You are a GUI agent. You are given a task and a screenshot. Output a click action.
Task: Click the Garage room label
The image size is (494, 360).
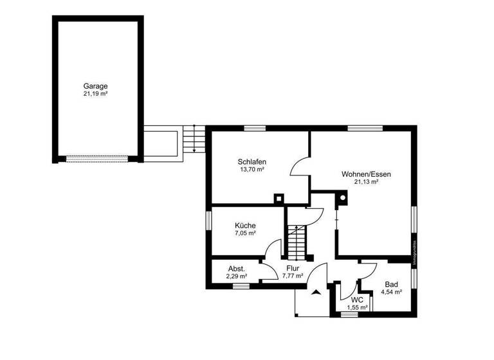[x=95, y=85]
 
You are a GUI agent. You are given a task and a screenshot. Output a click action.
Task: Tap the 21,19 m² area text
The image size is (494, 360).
[x=95, y=94]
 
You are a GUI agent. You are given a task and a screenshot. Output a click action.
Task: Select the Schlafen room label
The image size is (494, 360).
[x=252, y=161]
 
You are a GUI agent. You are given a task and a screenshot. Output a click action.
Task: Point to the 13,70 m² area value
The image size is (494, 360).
[x=252, y=170]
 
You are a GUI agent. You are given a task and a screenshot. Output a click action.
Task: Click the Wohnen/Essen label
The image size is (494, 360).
[x=366, y=174]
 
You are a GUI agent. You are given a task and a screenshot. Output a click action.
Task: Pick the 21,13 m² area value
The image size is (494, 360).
[x=366, y=182]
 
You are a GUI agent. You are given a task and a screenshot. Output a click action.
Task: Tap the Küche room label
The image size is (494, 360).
[x=245, y=226]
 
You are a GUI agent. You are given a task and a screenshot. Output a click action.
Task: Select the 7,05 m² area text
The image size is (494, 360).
[x=245, y=234]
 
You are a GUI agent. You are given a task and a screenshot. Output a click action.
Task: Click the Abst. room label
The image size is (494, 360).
[x=237, y=269]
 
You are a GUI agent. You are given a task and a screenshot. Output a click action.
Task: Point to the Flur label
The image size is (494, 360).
[x=293, y=268]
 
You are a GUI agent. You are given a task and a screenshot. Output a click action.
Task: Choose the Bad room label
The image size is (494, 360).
[x=391, y=284]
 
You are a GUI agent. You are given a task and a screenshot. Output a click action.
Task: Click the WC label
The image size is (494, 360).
[x=357, y=300]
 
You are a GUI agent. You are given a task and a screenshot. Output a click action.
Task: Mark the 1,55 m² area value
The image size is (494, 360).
[x=357, y=308]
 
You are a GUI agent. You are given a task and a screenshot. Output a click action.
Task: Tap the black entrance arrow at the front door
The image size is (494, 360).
[x=316, y=292]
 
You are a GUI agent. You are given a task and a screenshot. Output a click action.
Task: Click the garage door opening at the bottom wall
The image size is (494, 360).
[x=96, y=157]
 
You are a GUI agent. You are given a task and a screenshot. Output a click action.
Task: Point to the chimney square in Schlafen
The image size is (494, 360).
[x=279, y=198]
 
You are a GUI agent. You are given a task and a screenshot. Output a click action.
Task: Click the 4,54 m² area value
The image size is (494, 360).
[x=391, y=292]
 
